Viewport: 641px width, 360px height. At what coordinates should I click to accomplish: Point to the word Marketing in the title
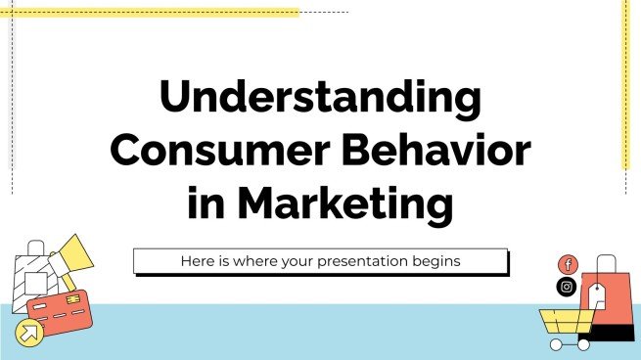(347, 204)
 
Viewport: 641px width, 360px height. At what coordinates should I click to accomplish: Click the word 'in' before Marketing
(206, 204)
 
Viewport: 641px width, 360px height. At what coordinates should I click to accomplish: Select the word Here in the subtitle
(199, 261)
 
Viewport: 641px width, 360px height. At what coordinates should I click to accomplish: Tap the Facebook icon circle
(568, 265)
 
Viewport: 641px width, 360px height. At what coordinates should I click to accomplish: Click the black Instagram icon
(567, 287)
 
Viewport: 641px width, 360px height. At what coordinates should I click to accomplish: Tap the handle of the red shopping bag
(606, 262)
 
